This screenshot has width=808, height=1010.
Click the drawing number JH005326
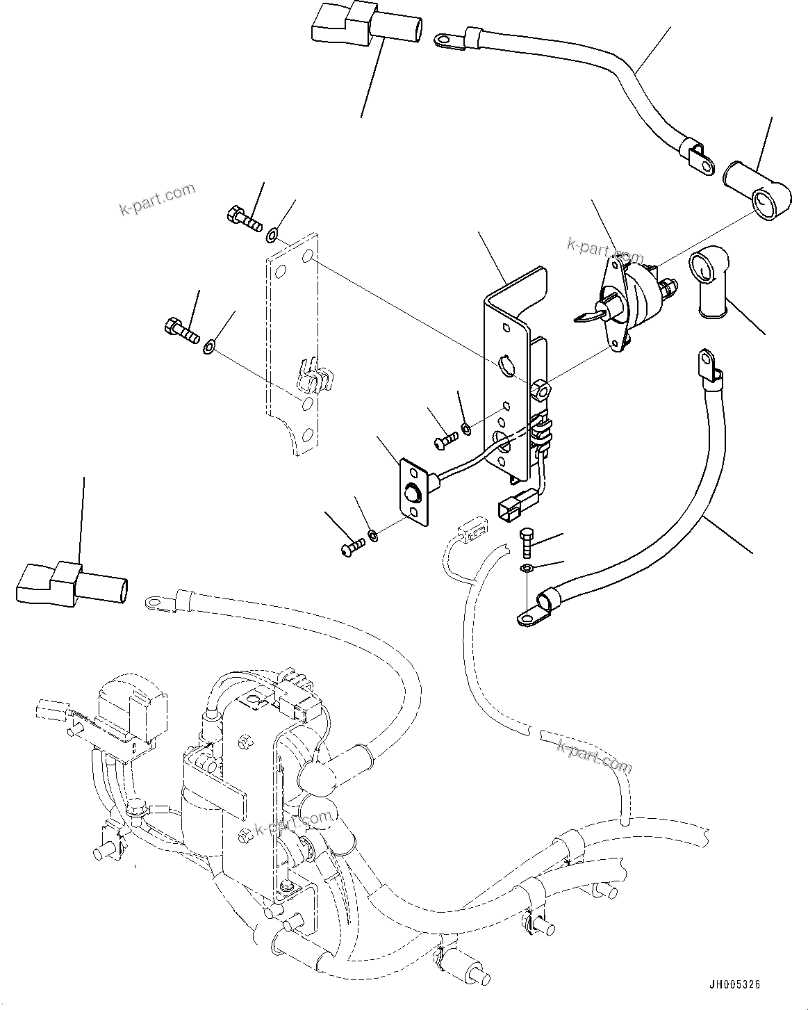coord(734,985)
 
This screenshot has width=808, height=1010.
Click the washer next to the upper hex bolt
coord(273,234)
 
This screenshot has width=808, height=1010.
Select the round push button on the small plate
coord(413,494)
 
